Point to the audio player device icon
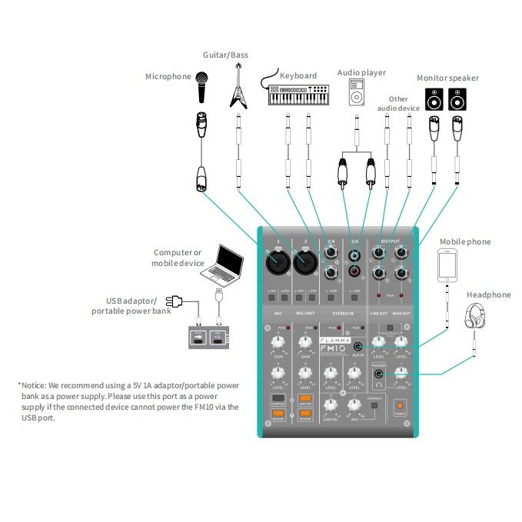[x=355, y=92]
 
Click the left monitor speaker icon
[x=434, y=100]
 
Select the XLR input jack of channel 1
[x=277, y=264]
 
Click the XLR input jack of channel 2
[x=306, y=264]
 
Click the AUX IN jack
[x=358, y=348]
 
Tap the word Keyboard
[x=298, y=75]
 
